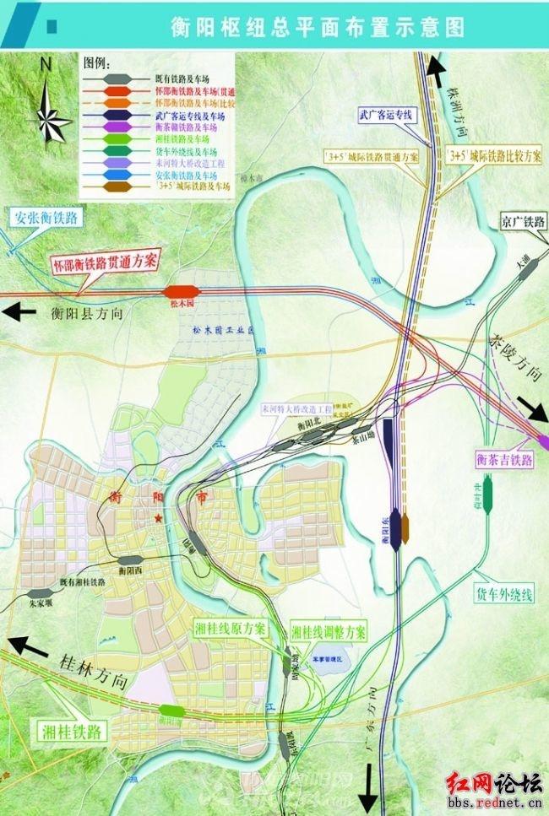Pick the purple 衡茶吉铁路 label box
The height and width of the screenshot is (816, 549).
click(504, 459)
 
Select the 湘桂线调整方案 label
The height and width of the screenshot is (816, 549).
click(329, 631)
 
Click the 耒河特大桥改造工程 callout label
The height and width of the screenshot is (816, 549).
click(297, 408)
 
